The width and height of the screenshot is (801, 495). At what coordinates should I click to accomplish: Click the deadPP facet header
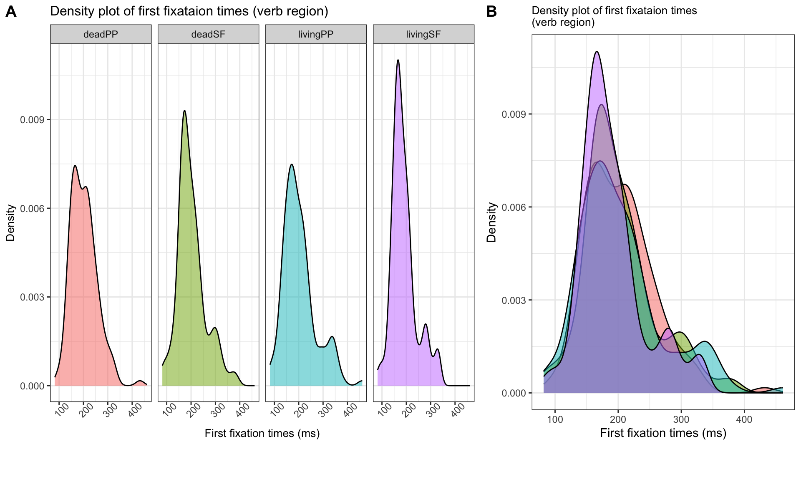(101, 34)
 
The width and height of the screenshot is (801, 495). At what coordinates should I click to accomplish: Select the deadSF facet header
(208, 34)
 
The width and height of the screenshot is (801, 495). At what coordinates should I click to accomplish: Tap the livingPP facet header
(316, 34)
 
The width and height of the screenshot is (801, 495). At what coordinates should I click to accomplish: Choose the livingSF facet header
(423, 34)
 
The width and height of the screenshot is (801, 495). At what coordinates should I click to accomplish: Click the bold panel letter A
(11, 12)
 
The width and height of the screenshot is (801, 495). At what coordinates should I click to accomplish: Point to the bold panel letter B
(491, 12)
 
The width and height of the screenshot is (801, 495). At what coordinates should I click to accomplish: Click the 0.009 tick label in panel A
(33, 120)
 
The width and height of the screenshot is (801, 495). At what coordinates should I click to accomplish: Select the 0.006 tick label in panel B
(514, 207)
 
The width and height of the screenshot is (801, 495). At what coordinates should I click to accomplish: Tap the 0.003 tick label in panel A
(33, 297)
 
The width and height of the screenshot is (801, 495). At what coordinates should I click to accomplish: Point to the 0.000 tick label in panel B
(514, 393)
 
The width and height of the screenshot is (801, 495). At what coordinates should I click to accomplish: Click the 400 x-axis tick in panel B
(744, 419)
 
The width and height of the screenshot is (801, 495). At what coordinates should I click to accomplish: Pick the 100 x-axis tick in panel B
(555, 419)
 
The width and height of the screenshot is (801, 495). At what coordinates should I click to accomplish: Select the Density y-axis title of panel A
(10, 222)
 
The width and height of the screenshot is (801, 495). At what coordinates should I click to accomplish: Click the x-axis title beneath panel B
(663, 433)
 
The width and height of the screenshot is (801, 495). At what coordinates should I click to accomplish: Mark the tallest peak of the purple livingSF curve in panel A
(398, 60)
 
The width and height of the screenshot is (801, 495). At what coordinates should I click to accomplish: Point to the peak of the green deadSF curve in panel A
(184, 111)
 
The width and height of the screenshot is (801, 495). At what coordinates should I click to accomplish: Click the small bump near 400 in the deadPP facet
(140, 381)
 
